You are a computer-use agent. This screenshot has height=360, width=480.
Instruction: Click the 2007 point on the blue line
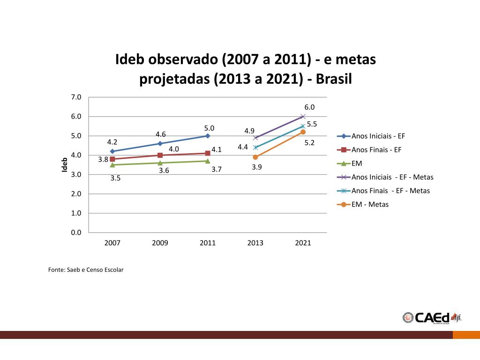tap(112, 151)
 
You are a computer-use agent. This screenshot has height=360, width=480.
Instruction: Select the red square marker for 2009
tap(160, 155)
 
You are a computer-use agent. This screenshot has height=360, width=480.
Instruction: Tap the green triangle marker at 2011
tap(208, 161)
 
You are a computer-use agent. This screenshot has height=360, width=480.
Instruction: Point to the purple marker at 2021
tap(303, 116)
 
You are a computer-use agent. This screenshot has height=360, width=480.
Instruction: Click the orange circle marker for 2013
tap(255, 157)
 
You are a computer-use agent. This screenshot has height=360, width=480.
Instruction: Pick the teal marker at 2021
tap(303, 126)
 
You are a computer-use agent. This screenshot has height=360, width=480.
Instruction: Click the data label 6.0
tap(309, 107)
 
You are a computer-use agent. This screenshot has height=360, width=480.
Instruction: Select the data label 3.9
tap(256, 167)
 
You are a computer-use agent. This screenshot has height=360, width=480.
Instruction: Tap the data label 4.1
tap(216, 150)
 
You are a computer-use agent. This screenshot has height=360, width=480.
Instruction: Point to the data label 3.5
tap(115, 178)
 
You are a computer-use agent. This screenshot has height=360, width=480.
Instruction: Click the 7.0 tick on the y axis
tap(76, 97)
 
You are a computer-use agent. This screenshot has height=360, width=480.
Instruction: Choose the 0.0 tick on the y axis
tap(76, 232)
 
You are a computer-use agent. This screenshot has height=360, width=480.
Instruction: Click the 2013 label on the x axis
tap(255, 243)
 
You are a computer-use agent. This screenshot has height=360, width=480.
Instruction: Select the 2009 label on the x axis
tap(160, 243)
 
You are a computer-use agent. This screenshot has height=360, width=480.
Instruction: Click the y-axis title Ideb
tap(65, 164)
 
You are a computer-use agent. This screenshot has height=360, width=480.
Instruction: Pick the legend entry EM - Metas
tap(370, 204)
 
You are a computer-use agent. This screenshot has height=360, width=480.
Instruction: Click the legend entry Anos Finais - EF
tap(376, 150)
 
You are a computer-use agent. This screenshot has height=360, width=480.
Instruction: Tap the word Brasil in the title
tap(334, 79)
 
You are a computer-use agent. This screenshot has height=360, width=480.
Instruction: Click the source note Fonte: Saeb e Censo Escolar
tap(86, 270)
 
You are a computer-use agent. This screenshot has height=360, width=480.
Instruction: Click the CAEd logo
tap(431, 317)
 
